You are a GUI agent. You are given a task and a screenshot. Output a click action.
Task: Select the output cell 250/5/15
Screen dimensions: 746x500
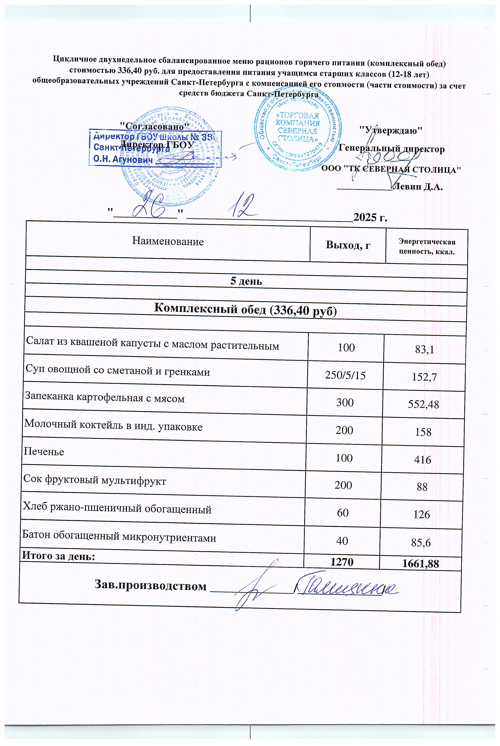(x=345, y=375)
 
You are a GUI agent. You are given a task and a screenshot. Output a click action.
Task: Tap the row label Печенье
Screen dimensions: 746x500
(x=44, y=452)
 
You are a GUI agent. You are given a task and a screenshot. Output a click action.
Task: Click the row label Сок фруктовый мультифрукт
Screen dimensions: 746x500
(x=95, y=481)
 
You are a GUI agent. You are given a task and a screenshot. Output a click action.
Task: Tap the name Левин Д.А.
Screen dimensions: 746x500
(x=418, y=187)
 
